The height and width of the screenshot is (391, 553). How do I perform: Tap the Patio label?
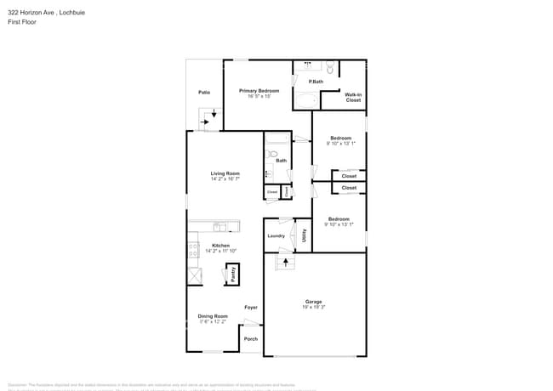click(204, 92)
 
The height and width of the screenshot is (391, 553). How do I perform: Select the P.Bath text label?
click(316, 82)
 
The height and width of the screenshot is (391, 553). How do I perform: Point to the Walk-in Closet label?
click(353, 97)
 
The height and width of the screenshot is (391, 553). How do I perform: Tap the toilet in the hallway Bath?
click(272, 155)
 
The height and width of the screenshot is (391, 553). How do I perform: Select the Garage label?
click(314, 301)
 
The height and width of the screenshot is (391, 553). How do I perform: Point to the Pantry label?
click(231, 274)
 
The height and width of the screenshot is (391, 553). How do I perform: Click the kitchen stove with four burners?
click(193, 251)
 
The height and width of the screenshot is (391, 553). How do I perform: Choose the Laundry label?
click(276, 235)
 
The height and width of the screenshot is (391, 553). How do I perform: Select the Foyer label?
click(251, 307)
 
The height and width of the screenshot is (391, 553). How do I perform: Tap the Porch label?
click(251, 339)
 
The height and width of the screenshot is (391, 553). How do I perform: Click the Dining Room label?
click(213, 316)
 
